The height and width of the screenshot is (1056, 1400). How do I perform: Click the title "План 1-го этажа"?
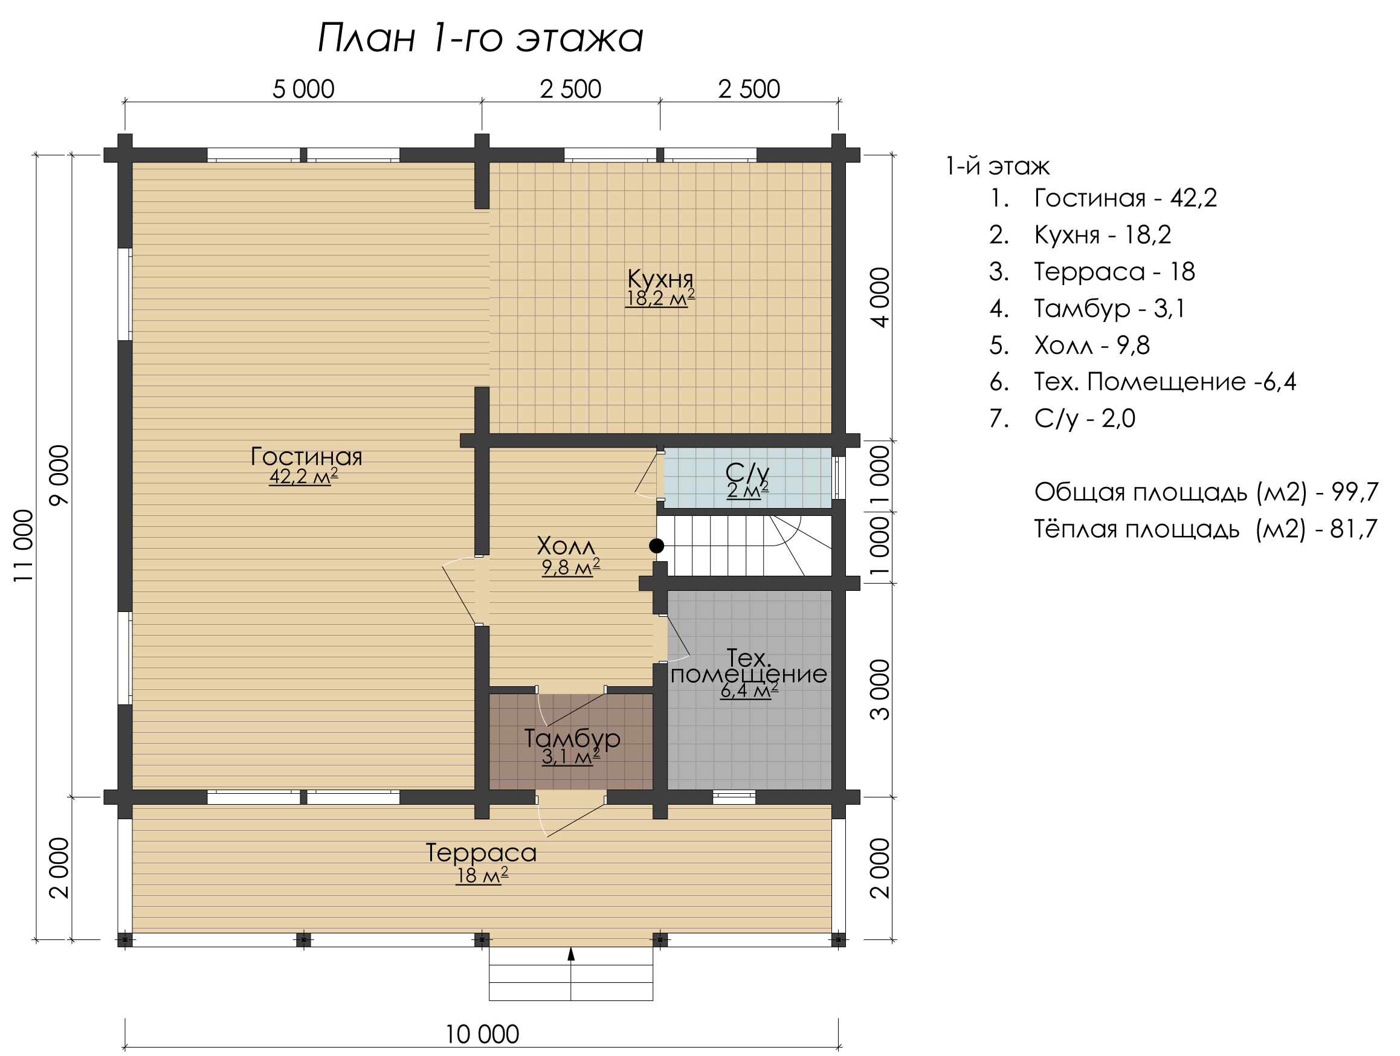[480, 37]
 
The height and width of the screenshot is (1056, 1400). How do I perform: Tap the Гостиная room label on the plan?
[306, 456]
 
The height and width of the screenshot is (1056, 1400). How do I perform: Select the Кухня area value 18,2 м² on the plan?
[660, 298]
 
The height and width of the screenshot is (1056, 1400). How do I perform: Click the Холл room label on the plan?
[566, 546]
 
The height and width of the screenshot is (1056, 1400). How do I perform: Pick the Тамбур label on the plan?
[572, 738]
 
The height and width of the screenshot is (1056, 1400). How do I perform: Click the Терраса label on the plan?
[481, 852]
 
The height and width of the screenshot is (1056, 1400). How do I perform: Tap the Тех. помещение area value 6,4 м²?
[749, 691]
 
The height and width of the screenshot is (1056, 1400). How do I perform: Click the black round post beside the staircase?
[656, 546]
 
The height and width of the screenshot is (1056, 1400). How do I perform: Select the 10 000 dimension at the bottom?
[482, 1034]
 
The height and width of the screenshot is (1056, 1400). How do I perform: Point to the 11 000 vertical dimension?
[24, 546]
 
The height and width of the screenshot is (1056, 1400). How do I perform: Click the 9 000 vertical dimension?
[59, 475]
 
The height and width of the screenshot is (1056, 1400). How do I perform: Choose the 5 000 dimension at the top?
[303, 89]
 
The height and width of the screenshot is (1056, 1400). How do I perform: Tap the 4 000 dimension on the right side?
[880, 297]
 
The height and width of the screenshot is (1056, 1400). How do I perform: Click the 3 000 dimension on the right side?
[880, 690]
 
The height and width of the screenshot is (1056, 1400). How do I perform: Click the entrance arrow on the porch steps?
[571, 954]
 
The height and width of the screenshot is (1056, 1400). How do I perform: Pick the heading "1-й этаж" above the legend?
[998, 166]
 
